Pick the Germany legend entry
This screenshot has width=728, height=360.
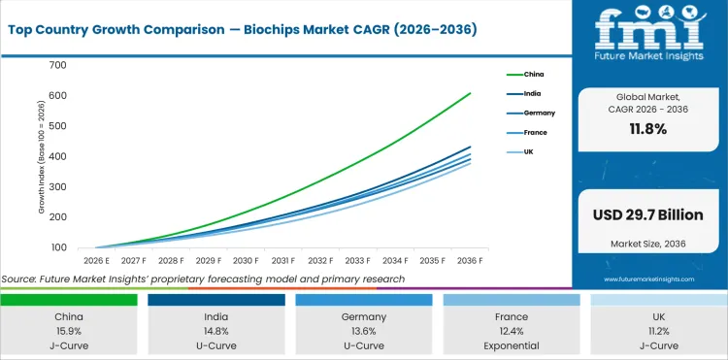click(x=538, y=113)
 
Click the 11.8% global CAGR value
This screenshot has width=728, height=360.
click(x=649, y=129)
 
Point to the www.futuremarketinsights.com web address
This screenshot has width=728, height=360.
click(x=649, y=278)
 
